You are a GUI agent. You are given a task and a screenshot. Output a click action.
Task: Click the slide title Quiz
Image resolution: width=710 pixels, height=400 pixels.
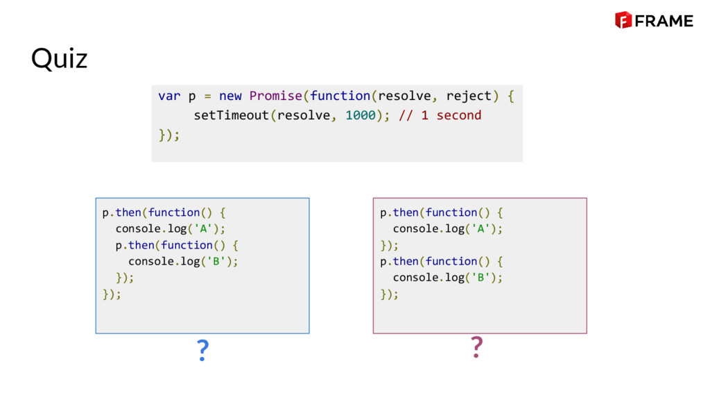point(59,59)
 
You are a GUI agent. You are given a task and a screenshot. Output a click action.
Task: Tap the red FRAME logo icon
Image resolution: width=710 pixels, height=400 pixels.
point(623,20)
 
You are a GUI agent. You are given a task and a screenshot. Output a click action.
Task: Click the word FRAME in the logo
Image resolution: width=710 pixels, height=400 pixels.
point(664,21)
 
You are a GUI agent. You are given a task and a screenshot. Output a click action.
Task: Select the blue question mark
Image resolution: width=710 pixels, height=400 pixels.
point(202,351)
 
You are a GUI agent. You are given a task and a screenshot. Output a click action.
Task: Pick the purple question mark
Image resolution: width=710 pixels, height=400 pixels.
point(476,347)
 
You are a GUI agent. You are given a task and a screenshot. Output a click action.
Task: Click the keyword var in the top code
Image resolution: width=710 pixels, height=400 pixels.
point(169,96)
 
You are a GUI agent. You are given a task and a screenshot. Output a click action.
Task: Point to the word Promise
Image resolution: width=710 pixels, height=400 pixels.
point(276,96)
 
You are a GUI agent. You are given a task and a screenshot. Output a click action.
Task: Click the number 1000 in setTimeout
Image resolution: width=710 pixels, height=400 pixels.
point(361,115)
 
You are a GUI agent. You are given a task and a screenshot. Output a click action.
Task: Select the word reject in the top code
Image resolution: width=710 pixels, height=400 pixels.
point(468,96)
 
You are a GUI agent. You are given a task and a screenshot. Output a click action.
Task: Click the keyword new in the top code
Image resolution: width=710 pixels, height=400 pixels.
point(230,96)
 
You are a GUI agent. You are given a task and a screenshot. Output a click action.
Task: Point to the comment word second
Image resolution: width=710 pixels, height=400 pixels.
point(458,115)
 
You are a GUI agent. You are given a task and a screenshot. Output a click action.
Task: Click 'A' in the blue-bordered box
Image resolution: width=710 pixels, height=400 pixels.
point(205,228)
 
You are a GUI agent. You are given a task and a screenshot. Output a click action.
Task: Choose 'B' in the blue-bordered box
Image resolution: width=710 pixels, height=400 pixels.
point(218,261)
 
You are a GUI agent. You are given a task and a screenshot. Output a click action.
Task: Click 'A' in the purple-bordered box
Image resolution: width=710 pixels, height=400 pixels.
point(482,228)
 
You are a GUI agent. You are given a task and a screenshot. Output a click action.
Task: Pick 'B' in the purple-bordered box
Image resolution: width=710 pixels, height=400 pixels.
point(482,277)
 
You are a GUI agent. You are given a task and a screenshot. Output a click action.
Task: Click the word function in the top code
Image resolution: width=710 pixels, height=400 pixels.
point(340,96)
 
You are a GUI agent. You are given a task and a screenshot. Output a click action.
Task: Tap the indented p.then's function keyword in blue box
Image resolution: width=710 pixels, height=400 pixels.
point(187,245)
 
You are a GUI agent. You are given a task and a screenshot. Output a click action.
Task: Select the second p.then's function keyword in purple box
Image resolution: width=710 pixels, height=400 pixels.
point(451,261)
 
